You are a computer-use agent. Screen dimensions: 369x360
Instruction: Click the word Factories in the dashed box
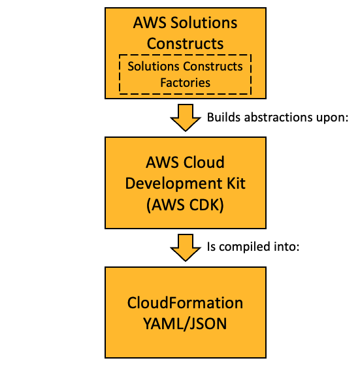click(185, 83)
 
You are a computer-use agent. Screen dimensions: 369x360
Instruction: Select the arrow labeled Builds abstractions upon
click(185, 118)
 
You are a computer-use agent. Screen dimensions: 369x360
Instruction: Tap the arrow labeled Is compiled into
click(185, 248)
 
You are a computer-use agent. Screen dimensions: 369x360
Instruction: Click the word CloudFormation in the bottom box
click(185, 304)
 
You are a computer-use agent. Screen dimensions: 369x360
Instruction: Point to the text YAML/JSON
click(185, 323)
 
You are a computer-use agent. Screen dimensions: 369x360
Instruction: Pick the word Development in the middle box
click(167, 184)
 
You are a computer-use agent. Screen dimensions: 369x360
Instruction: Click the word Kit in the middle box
click(227, 184)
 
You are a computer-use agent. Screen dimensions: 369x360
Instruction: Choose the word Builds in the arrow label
click(221, 118)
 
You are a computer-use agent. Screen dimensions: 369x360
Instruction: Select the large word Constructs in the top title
click(185, 44)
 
